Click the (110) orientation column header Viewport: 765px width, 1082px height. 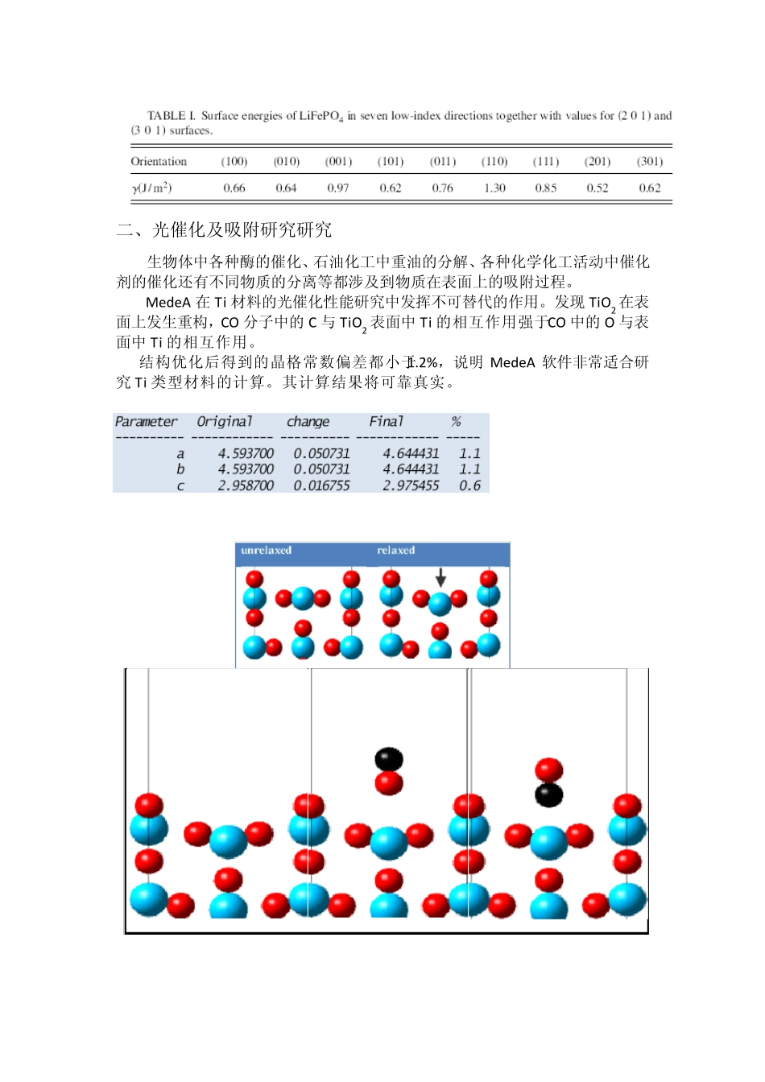(x=494, y=162)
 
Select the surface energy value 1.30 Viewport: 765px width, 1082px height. (x=494, y=188)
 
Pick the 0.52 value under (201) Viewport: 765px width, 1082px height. (x=598, y=188)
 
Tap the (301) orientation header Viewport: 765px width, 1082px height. (x=650, y=162)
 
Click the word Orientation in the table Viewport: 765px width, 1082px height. (x=159, y=162)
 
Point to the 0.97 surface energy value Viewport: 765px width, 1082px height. (x=338, y=188)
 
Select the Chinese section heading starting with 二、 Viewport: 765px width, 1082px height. (x=224, y=230)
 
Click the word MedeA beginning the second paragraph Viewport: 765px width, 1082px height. (x=167, y=303)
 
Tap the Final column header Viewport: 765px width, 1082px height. (x=386, y=422)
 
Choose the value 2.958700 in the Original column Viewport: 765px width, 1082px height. (x=246, y=485)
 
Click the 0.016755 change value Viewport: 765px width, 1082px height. (x=321, y=485)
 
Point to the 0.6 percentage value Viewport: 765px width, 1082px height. (x=469, y=485)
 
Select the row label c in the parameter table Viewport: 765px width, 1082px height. (x=180, y=485)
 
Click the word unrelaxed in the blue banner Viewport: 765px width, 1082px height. (x=266, y=551)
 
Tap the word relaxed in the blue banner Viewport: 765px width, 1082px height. (x=395, y=551)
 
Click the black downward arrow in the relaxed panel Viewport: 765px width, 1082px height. (x=440, y=576)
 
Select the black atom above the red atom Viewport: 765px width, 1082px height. (x=389, y=758)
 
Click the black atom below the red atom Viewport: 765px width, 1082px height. (x=548, y=795)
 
